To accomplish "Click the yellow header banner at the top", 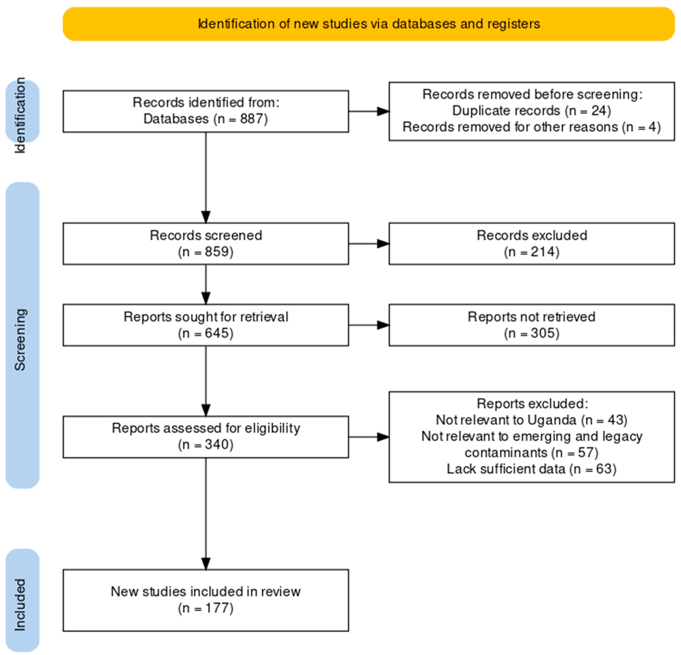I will [x=368, y=24].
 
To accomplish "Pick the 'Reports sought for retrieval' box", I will [x=206, y=325].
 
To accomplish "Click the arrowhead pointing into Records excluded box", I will [x=383, y=244].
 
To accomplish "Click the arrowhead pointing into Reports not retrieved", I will [x=383, y=325].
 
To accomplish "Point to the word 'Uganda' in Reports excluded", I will [x=551, y=420].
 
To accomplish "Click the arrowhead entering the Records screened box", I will [x=206, y=217].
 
